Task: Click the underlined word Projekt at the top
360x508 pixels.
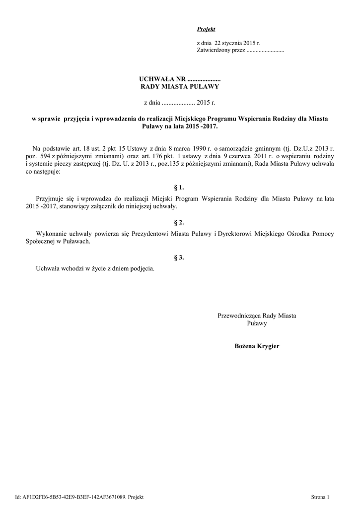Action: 206,30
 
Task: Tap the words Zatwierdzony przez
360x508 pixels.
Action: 220,51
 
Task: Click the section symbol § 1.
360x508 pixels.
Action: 180,188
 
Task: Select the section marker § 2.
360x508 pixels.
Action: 180,223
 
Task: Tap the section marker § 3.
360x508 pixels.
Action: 180,257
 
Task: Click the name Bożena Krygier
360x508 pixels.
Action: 257,345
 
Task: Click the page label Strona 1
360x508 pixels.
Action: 320,496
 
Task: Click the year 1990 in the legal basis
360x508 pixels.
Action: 201,148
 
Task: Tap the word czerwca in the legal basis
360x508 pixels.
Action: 229,156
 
